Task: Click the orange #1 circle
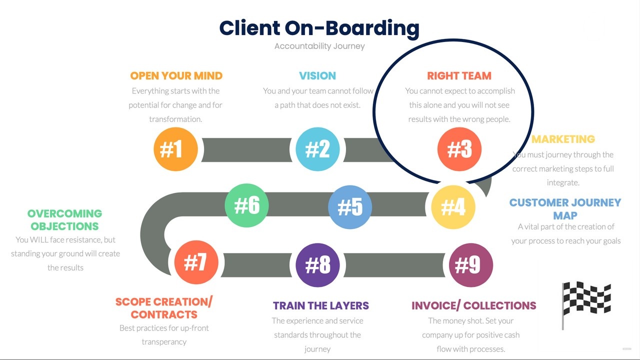point(175,149)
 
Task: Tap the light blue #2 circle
point(317,149)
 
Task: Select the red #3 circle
point(459,149)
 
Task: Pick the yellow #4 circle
point(453,206)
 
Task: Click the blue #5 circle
point(350,206)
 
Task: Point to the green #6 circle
point(247,205)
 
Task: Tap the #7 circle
point(196,262)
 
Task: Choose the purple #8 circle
point(317,265)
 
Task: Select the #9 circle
point(471,265)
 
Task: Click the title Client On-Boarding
point(319,28)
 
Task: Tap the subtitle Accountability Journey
point(319,46)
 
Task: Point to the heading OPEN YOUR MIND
point(176,76)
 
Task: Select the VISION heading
point(317,76)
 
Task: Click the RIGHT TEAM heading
point(459,76)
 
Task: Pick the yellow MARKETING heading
point(563,139)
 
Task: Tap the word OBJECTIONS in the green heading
point(64,226)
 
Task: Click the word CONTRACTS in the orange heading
point(164,315)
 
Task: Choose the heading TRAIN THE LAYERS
point(320,305)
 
